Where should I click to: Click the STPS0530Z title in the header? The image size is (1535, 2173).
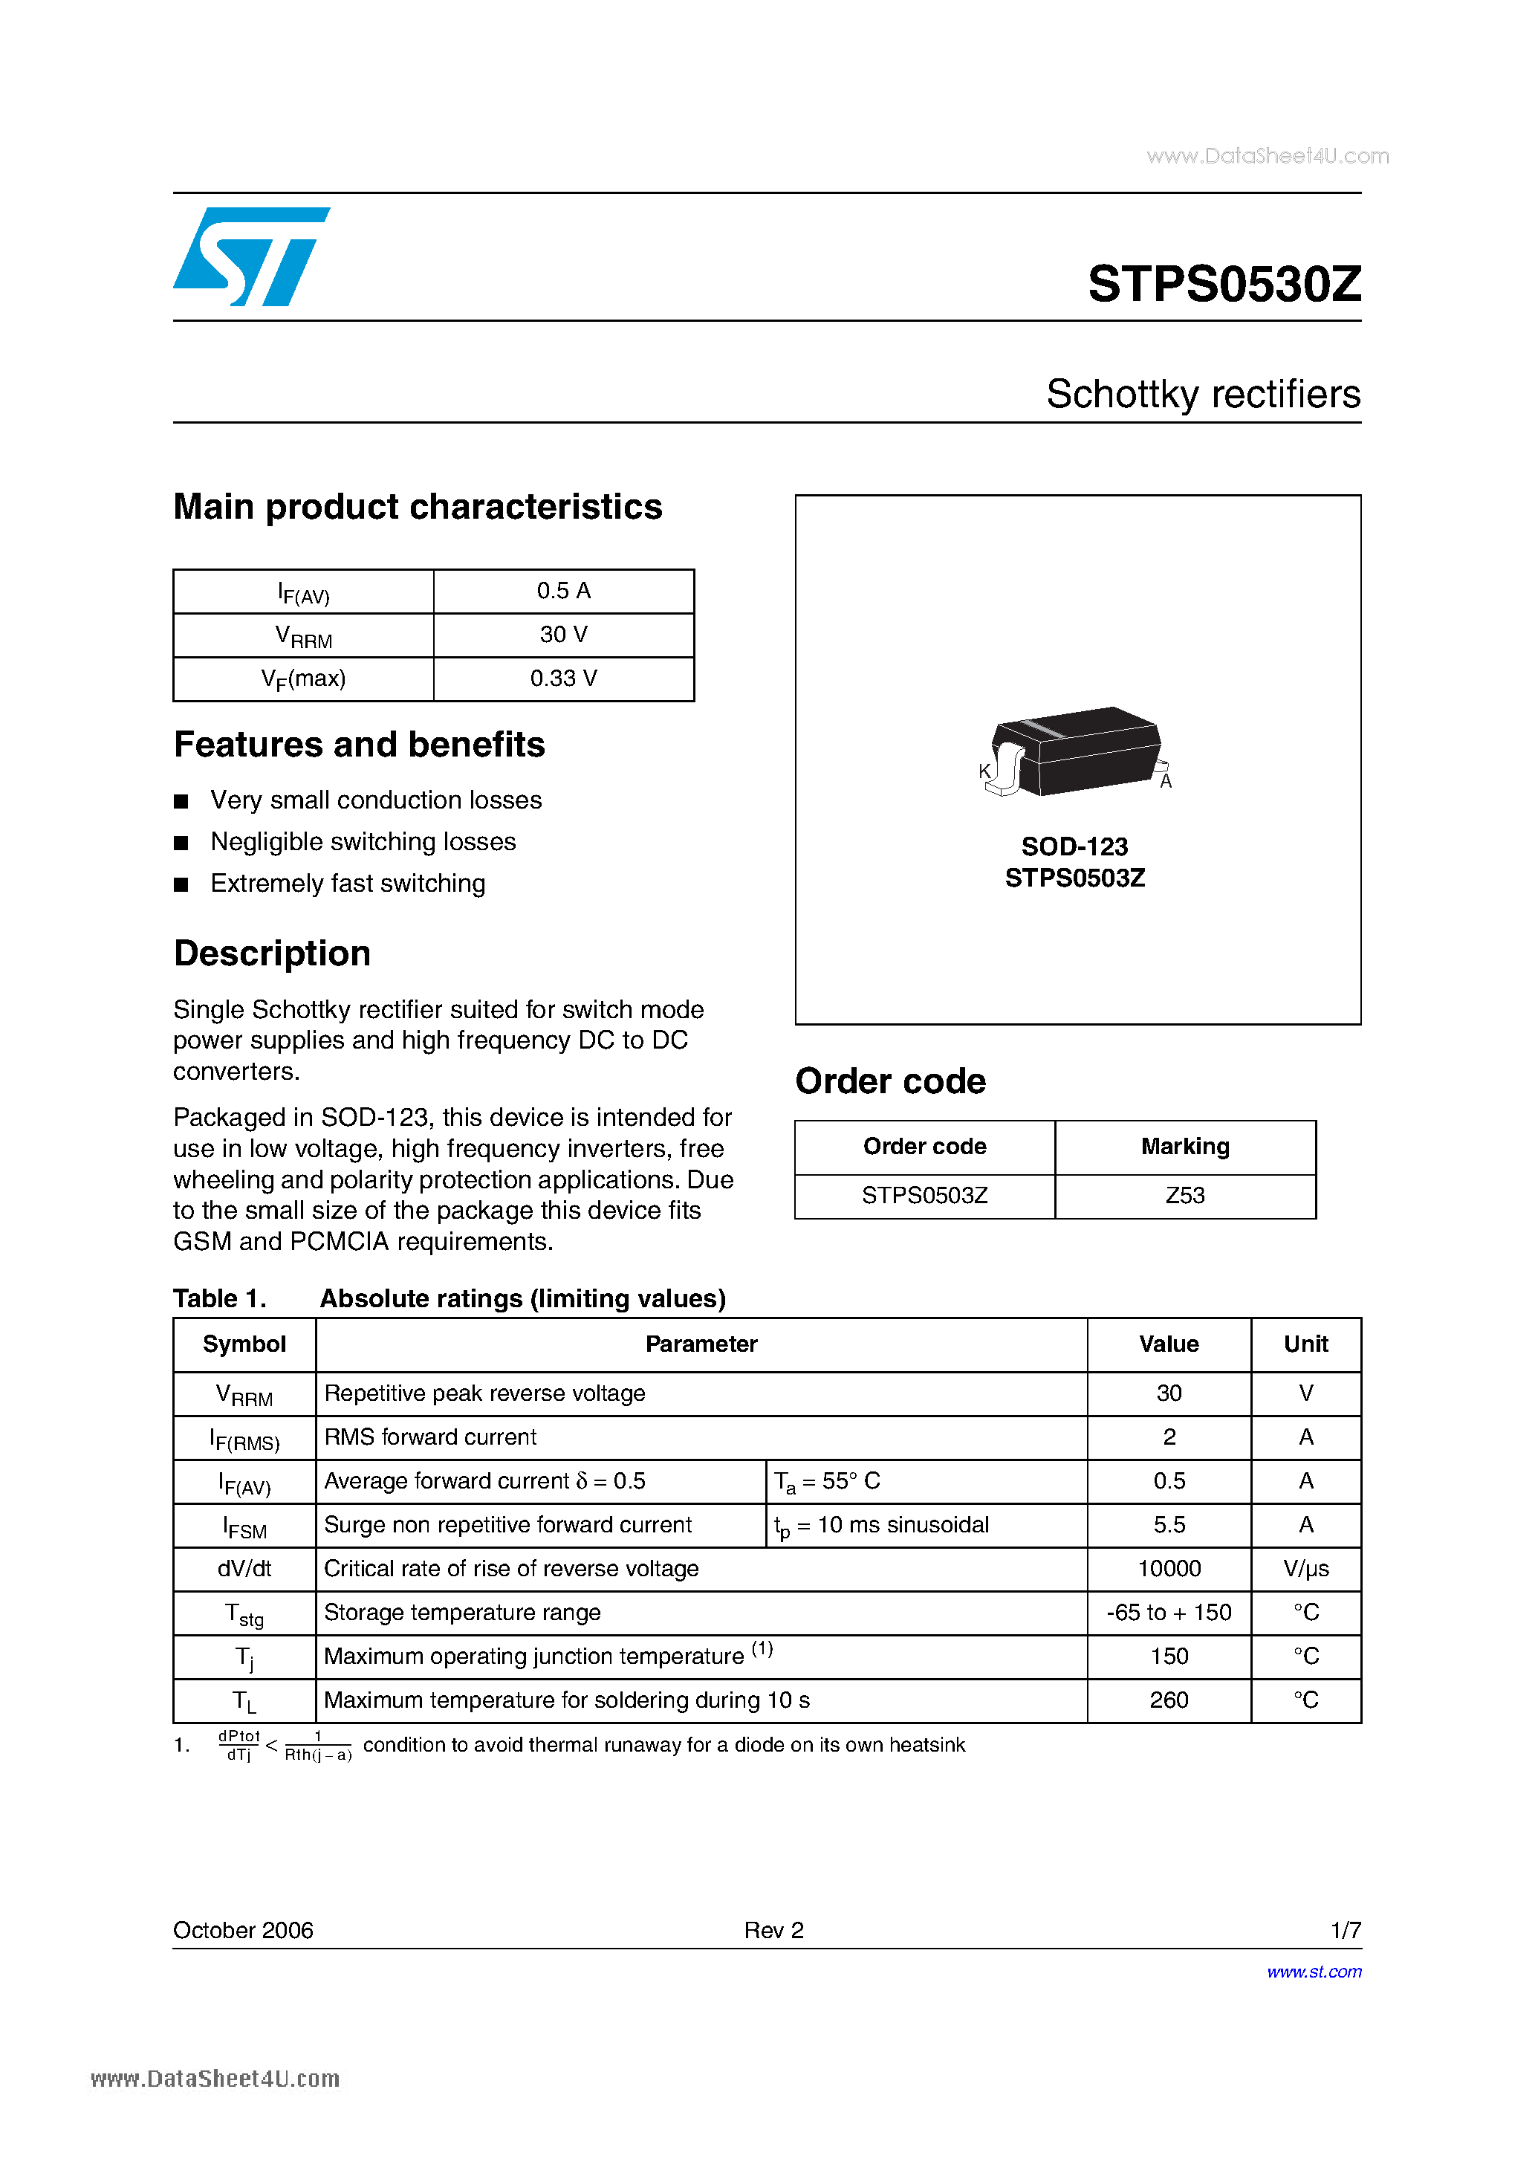tap(1224, 284)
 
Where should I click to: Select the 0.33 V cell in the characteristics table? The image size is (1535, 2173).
tap(563, 679)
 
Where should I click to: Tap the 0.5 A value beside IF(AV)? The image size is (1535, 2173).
tap(563, 591)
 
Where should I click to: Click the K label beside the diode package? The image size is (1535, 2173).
tap(984, 771)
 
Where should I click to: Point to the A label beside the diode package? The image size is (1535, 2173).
tap(1166, 782)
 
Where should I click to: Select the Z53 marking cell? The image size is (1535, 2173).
tap(1185, 1195)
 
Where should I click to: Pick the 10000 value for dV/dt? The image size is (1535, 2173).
tap(1169, 1568)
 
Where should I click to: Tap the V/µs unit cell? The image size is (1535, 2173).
tap(1306, 1568)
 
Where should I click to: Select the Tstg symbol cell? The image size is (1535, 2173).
tap(244, 1613)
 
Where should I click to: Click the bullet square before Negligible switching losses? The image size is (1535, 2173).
tap(182, 842)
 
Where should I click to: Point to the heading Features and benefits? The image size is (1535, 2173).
tap(360, 745)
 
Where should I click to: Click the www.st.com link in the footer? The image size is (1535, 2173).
tap(1314, 1972)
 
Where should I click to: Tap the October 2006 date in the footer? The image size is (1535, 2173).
tap(243, 1930)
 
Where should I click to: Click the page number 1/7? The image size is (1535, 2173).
tap(1345, 1930)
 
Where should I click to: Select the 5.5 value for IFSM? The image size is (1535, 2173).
tap(1169, 1525)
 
